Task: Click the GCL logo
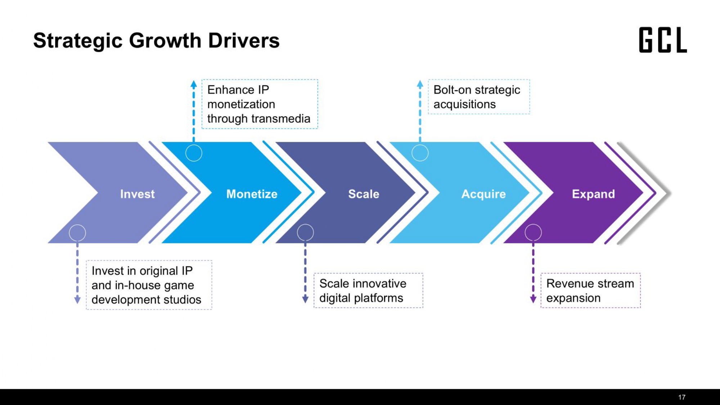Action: [x=663, y=40]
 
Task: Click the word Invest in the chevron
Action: [x=137, y=194]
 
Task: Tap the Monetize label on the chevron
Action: [x=252, y=194]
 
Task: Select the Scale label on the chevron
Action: [x=364, y=194]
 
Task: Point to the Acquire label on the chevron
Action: [x=483, y=194]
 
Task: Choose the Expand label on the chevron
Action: [x=593, y=194]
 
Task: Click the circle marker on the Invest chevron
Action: [x=77, y=233]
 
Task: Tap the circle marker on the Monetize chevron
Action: [x=194, y=153]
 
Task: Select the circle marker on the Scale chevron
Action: [x=305, y=232]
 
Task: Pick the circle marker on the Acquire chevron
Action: [x=420, y=153]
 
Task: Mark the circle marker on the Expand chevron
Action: [x=533, y=232]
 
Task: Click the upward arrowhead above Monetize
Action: [x=194, y=85]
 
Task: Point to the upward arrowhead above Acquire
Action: [x=420, y=85]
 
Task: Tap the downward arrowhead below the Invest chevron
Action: [x=77, y=300]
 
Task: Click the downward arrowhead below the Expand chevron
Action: [x=533, y=299]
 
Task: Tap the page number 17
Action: [x=682, y=397]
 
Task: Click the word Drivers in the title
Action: [x=244, y=40]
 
